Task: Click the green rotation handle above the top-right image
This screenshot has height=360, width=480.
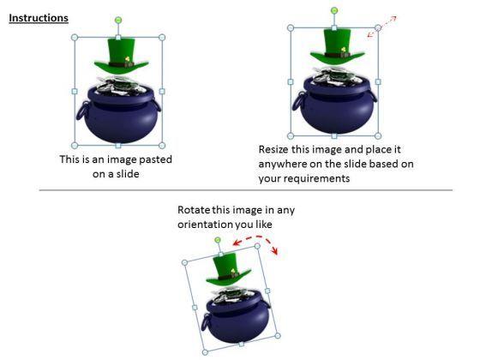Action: [x=334, y=10]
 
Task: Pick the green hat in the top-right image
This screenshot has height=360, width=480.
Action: [x=334, y=47]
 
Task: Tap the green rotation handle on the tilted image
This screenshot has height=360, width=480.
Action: [x=219, y=240]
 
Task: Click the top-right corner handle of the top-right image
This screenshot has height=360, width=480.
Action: [x=378, y=28]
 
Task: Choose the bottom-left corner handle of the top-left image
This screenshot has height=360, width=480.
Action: [x=75, y=145]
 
